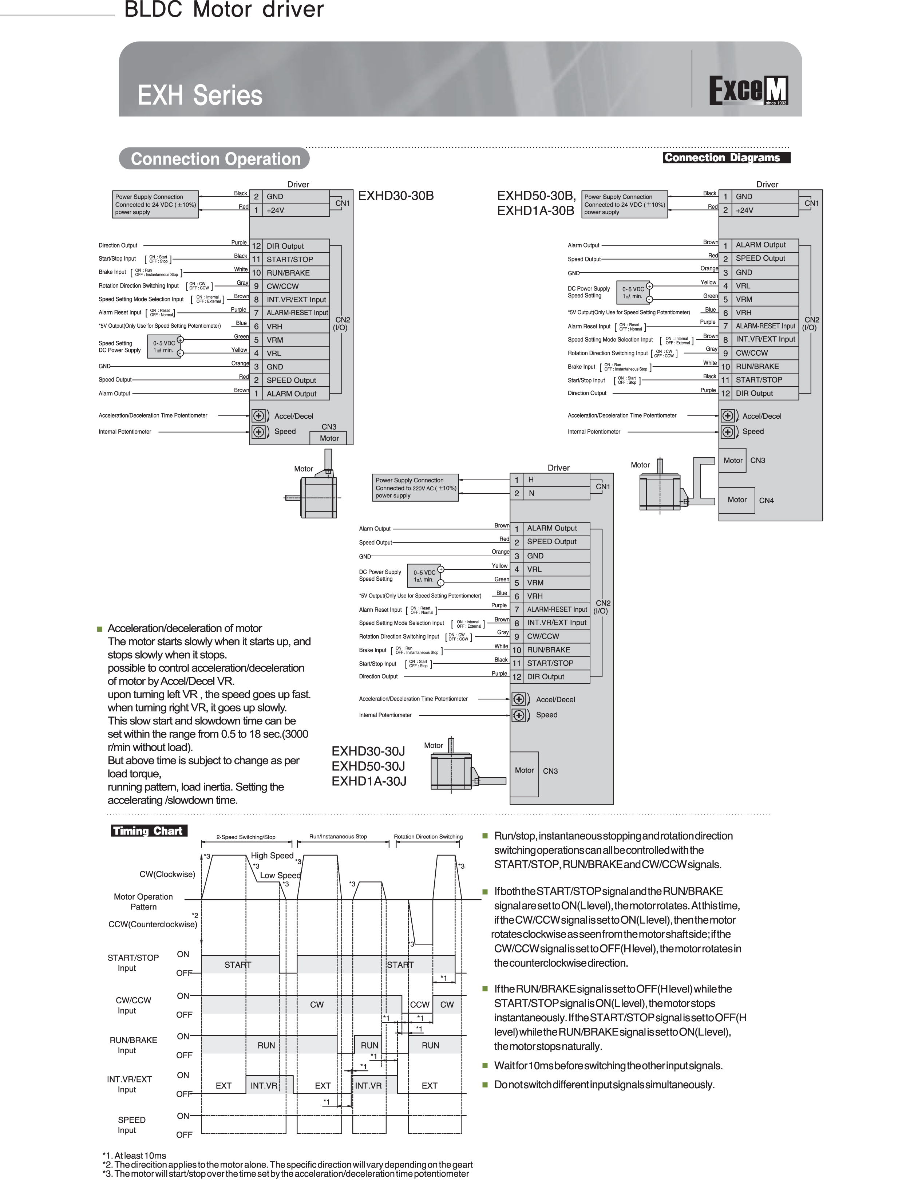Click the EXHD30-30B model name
[396, 196]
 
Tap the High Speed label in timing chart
[272, 856]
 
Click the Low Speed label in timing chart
[280, 875]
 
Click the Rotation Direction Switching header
[428, 837]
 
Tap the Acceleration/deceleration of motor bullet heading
[185, 628]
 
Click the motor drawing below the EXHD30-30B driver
[314, 493]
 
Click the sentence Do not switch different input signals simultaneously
[604, 1085]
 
